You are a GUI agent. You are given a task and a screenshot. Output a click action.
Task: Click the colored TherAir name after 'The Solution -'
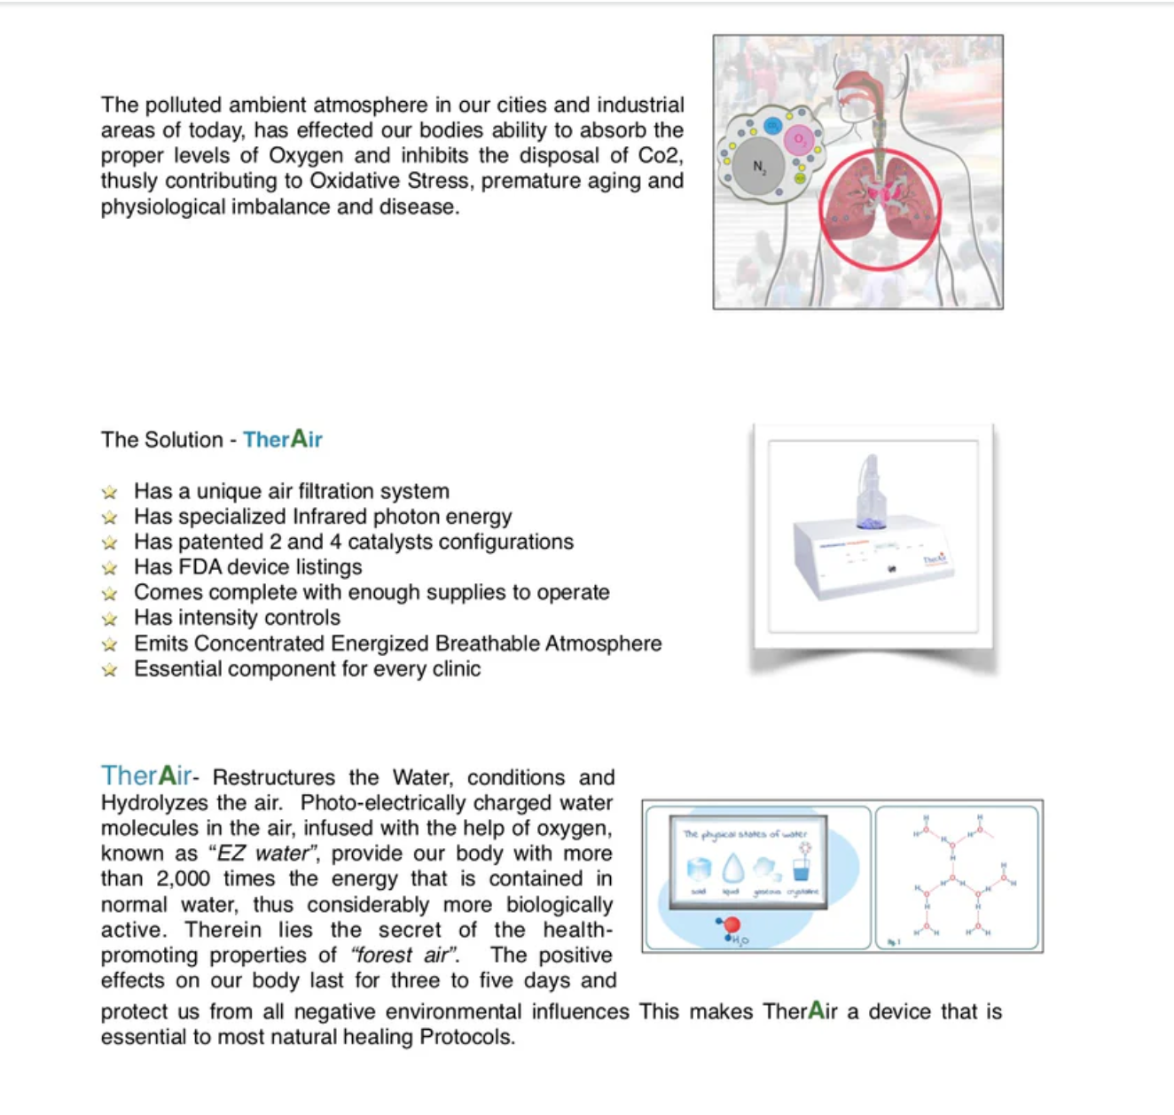pos(283,440)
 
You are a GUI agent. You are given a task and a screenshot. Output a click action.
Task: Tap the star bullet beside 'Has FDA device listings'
pos(109,568)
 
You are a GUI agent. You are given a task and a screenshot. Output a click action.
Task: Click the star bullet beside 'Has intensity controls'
pos(109,619)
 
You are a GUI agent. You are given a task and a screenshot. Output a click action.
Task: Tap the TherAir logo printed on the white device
pos(935,559)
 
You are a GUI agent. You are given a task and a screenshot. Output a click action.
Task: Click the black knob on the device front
pos(892,569)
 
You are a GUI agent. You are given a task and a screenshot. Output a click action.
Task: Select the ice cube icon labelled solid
pos(699,869)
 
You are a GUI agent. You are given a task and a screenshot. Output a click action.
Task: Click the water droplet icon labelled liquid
pos(732,869)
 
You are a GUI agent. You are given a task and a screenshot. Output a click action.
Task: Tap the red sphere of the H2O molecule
pos(732,925)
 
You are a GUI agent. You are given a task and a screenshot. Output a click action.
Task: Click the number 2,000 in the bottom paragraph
pos(183,879)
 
